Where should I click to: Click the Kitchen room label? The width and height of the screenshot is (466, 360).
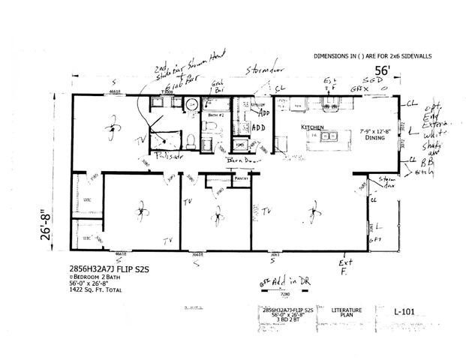[312, 127]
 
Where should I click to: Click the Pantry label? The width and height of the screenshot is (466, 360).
[241, 179]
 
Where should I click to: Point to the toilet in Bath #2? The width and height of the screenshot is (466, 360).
[191, 139]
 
